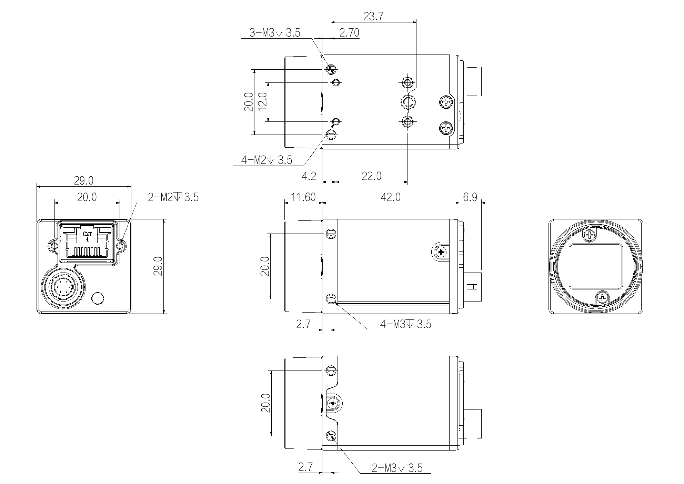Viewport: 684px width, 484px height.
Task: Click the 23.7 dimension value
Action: pyautogui.click(x=373, y=16)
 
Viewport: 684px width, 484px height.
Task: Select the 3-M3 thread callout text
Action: pyautogui.click(x=275, y=33)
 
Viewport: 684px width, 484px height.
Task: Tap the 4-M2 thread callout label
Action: pyautogui.click(x=266, y=160)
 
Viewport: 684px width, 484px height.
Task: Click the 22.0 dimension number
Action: pyautogui.click(x=372, y=176)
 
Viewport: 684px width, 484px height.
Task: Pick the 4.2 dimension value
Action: pyautogui.click(x=309, y=176)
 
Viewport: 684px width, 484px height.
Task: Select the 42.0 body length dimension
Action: pyautogui.click(x=391, y=197)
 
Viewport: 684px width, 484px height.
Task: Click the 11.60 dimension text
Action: pyautogui.click(x=303, y=197)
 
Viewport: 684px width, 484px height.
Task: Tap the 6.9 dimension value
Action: pyautogui.click(x=470, y=197)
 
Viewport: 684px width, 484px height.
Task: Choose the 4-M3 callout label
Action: pyautogui.click(x=405, y=324)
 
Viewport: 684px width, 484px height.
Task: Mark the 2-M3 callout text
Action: pyautogui.click(x=397, y=468)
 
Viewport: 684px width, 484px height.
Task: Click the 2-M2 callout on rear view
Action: pyautogui.click(x=173, y=197)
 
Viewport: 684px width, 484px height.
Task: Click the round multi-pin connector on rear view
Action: pyautogui.click(x=62, y=287)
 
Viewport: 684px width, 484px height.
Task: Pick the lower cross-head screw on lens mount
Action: pyautogui.click(x=603, y=297)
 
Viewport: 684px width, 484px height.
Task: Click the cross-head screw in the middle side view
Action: pyautogui.click(x=441, y=253)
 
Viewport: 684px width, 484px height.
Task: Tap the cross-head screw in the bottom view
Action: pyautogui.click(x=333, y=403)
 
